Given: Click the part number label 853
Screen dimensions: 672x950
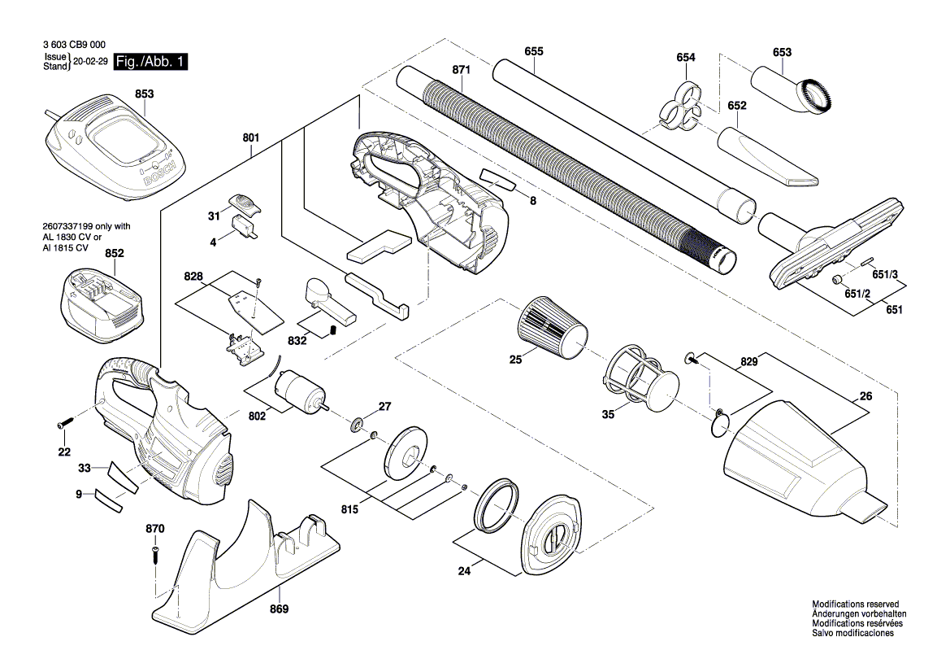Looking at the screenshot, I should (x=144, y=95).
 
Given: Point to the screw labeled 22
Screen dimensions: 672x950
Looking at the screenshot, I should (x=64, y=424).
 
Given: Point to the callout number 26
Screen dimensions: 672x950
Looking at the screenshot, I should (x=865, y=397).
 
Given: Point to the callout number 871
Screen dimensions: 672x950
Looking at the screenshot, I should (x=461, y=71).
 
